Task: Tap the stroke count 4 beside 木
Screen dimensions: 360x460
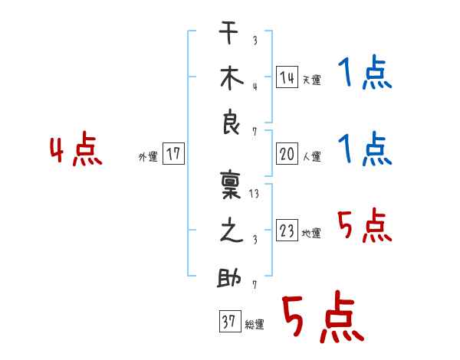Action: coord(255,86)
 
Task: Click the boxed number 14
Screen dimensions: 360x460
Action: coord(287,77)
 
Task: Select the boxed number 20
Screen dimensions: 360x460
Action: coord(287,154)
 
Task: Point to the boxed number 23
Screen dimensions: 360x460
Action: coord(287,231)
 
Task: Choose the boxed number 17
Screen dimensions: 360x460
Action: coord(173,155)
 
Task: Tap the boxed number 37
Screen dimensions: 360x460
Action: coord(228,322)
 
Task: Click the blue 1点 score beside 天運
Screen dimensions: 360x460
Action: coord(364,74)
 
